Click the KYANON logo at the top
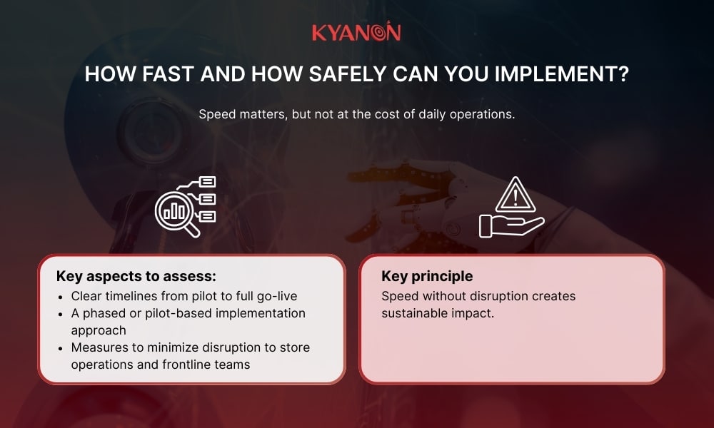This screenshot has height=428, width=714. [x=356, y=33]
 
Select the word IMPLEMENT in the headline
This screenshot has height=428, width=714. [x=560, y=75]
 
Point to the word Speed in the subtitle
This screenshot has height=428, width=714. [x=215, y=115]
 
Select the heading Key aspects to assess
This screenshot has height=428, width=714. [x=136, y=276]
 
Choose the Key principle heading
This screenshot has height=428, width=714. [x=427, y=276]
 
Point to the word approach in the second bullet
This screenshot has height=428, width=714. [x=99, y=330]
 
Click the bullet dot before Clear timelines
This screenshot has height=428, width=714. [x=61, y=296]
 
